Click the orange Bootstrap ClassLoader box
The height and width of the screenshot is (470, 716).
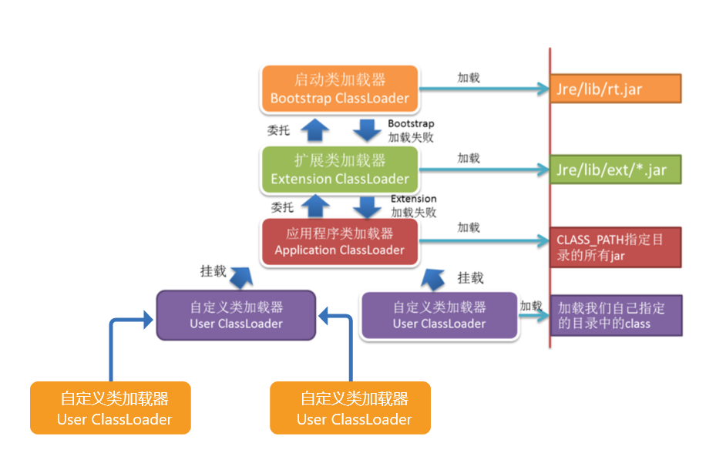pos(339,89)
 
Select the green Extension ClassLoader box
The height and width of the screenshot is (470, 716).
pos(339,170)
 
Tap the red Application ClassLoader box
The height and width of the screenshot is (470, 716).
pos(339,241)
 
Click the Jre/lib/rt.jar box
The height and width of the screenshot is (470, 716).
pos(615,89)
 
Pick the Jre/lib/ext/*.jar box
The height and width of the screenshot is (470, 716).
pos(615,170)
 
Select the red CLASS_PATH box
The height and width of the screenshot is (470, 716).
pos(615,247)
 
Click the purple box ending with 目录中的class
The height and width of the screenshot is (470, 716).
pos(615,315)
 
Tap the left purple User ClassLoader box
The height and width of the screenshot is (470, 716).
pos(236,315)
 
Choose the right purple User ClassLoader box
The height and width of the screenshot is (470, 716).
pos(439,315)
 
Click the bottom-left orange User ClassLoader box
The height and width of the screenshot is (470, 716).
pos(110,408)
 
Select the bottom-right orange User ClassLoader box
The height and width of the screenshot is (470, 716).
pos(350,408)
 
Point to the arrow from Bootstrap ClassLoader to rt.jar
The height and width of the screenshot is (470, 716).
pos(482,89)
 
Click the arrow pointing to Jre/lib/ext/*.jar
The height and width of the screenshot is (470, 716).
pos(482,170)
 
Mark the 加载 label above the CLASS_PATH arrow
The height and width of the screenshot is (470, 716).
pos(469,227)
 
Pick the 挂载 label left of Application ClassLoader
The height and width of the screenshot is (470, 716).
pos(213,271)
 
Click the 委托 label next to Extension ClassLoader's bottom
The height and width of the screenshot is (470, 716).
pos(282,207)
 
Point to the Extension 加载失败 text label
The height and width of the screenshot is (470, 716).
pos(413,206)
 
